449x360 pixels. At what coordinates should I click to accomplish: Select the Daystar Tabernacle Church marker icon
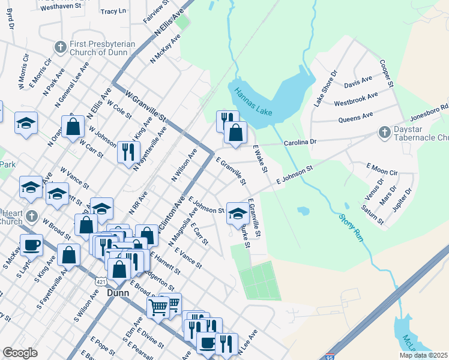coord(385,131)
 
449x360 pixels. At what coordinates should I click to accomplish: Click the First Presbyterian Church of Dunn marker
coord(60,47)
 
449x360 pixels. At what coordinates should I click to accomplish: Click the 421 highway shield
coord(101,281)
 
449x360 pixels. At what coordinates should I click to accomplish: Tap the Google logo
coord(20,353)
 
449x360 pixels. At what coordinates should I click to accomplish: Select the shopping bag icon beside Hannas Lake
coord(236,133)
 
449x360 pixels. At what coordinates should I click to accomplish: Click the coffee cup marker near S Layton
coord(31,245)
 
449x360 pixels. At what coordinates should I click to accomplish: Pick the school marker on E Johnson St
coord(238,213)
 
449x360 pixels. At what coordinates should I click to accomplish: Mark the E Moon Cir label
coord(382,169)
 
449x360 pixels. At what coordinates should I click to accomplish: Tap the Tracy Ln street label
coord(113,11)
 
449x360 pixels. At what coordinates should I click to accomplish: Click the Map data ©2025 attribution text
coord(423,355)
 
